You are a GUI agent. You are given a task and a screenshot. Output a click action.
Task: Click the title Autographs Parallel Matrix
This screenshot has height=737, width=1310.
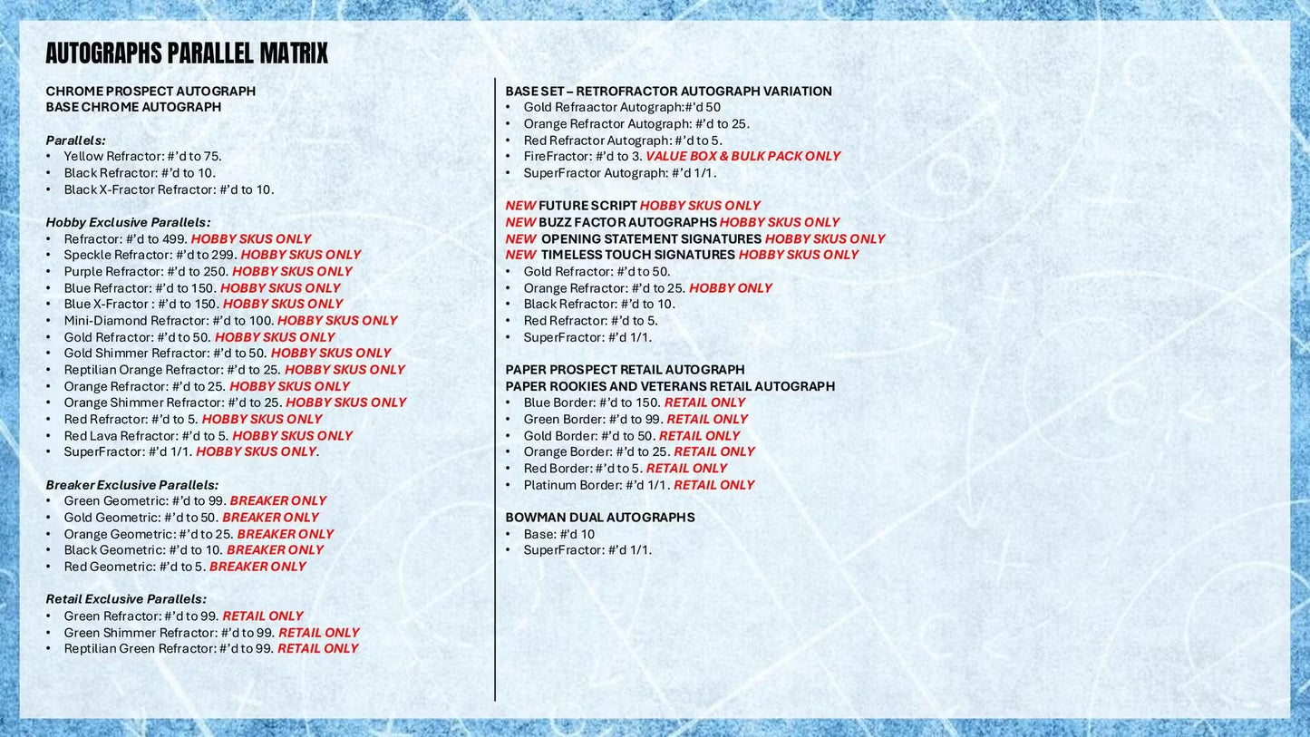click(x=187, y=54)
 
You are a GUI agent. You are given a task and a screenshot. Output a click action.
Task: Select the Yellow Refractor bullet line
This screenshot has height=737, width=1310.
click(x=142, y=156)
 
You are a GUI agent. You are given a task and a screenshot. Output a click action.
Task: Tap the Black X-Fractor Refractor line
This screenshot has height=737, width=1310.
click(x=169, y=189)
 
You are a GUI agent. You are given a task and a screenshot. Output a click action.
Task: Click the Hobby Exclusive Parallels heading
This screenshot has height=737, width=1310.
click(x=128, y=222)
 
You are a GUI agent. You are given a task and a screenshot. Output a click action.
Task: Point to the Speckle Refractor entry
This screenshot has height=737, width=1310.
click(x=212, y=255)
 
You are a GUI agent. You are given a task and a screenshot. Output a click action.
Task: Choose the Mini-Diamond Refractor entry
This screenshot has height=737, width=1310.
click(x=230, y=320)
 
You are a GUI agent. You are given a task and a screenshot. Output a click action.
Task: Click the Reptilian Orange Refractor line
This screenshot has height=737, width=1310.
click(x=234, y=370)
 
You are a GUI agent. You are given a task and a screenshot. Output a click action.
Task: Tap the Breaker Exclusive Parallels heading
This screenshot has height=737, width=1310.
click(x=132, y=485)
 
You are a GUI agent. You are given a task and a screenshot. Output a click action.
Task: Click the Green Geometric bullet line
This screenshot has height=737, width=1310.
click(x=195, y=500)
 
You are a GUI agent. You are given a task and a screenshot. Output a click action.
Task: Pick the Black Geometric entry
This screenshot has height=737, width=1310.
click(x=193, y=549)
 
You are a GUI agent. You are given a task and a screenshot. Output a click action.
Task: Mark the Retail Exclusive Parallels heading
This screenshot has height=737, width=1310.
click(x=126, y=599)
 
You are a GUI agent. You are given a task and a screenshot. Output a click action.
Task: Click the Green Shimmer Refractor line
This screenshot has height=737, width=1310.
click(x=211, y=633)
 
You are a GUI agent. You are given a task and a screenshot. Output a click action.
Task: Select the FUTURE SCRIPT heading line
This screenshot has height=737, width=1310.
click(x=633, y=206)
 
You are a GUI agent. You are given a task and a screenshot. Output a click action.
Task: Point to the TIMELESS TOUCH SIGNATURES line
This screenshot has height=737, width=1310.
click(x=682, y=255)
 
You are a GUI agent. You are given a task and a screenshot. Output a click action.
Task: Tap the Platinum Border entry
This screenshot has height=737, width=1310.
click(x=638, y=485)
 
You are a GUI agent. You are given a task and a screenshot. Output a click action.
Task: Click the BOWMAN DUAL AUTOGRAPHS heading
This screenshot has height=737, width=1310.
click(x=600, y=518)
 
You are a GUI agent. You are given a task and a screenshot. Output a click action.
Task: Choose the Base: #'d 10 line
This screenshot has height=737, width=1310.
click(x=558, y=534)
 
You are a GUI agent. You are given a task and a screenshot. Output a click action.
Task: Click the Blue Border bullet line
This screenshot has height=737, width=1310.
click(x=634, y=402)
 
